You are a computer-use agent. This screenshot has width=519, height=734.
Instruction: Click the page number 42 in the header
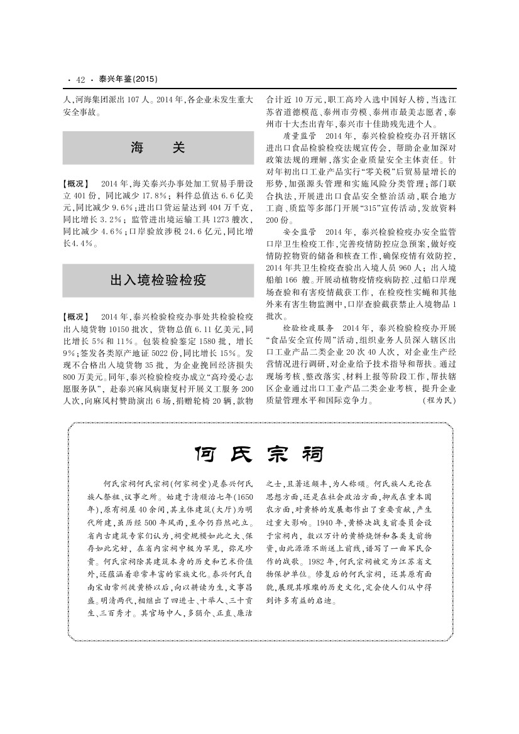coord(80,80)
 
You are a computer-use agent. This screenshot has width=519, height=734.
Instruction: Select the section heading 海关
coord(158,148)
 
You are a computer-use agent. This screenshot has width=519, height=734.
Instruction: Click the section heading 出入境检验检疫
coord(158,280)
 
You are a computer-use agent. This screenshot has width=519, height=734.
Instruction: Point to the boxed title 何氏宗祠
coord(259,454)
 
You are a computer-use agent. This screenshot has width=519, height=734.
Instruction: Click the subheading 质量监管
coord(302,136)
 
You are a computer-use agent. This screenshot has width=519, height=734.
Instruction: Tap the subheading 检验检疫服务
coord(307,328)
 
